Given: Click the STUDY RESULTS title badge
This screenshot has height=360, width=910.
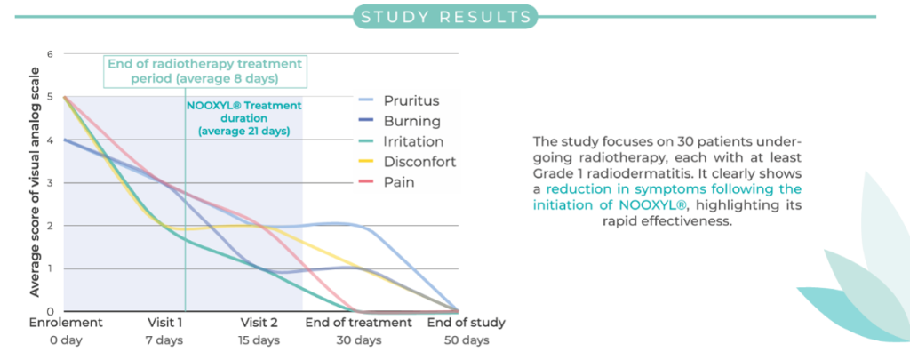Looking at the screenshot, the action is click(x=445, y=16).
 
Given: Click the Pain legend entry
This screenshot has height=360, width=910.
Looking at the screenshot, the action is click(x=389, y=182).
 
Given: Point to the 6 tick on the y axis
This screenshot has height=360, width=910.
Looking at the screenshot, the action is click(x=50, y=54).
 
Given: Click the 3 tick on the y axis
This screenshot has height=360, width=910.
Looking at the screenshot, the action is click(x=50, y=183).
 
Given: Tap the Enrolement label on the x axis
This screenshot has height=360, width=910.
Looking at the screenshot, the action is click(x=66, y=323).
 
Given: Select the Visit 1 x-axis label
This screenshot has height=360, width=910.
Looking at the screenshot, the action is click(x=164, y=323).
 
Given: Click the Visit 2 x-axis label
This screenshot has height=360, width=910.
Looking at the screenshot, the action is click(x=259, y=323).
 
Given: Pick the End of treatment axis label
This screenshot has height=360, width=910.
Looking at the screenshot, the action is click(x=359, y=323).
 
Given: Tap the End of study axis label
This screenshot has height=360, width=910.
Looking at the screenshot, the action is click(x=466, y=323).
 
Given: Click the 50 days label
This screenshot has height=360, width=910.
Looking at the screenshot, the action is click(x=466, y=340).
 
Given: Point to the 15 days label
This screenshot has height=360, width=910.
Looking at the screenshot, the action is click(x=259, y=340).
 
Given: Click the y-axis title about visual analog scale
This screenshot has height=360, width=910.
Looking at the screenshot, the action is click(x=35, y=182).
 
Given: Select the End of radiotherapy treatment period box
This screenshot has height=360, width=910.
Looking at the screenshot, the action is click(x=205, y=71).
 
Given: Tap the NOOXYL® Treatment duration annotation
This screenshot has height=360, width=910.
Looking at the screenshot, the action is click(x=243, y=118).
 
